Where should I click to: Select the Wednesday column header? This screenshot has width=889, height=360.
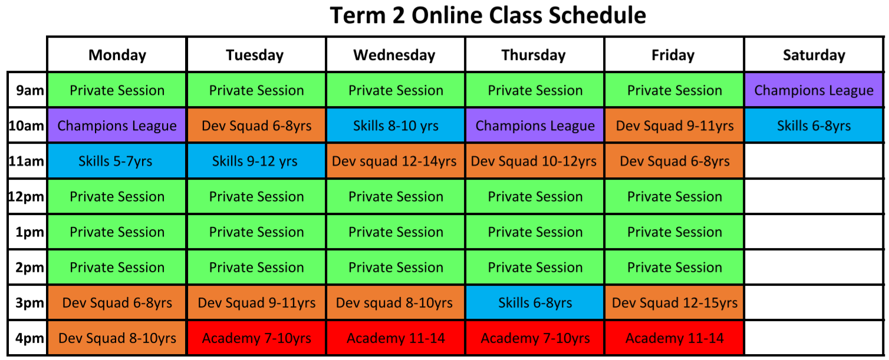pyautogui.click(x=395, y=55)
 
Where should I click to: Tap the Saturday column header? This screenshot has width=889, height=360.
pyautogui.click(x=814, y=55)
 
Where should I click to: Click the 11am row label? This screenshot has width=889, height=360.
pyautogui.click(x=27, y=161)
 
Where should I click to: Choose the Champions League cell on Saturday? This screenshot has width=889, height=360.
pyautogui.click(x=814, y=90)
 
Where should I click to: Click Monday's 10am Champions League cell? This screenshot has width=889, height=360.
pyautogui.click(x=117, y=125)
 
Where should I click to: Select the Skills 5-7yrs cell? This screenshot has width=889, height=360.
pyautogui.click(x=117, y=161)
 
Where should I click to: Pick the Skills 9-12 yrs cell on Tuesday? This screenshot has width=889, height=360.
pyautogui.click(x=256, y=161)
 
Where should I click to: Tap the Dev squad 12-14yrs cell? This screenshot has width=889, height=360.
pyautogui.click(x=395, y=161)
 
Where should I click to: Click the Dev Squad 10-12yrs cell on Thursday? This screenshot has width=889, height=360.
pyautogui.click(x=534, y=161)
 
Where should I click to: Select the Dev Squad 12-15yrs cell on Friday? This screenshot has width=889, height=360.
pyautogui.click(x=674, y=303)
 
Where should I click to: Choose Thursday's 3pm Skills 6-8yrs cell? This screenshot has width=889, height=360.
pyautogui.click(x=534, y=303)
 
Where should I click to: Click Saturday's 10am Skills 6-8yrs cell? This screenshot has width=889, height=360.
pyautogui.click(x=814, y=125)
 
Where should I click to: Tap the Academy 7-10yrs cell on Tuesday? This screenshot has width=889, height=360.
pyautogui.click(x=256, y=338)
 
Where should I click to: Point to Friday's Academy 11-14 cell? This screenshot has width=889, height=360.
pyautogui.click(x=674, y=338)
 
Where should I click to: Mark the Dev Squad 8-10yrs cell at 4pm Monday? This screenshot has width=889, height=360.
pyautogui.click(x=117, y=338)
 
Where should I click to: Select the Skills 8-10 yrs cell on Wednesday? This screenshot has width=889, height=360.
pyautogui.click(x=395, y=125)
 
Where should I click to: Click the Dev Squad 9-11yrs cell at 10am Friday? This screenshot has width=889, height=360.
pyautogui.click(x=674, y=125)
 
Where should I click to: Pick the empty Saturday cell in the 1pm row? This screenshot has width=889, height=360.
pyautogui.click(x=814, y=232)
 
